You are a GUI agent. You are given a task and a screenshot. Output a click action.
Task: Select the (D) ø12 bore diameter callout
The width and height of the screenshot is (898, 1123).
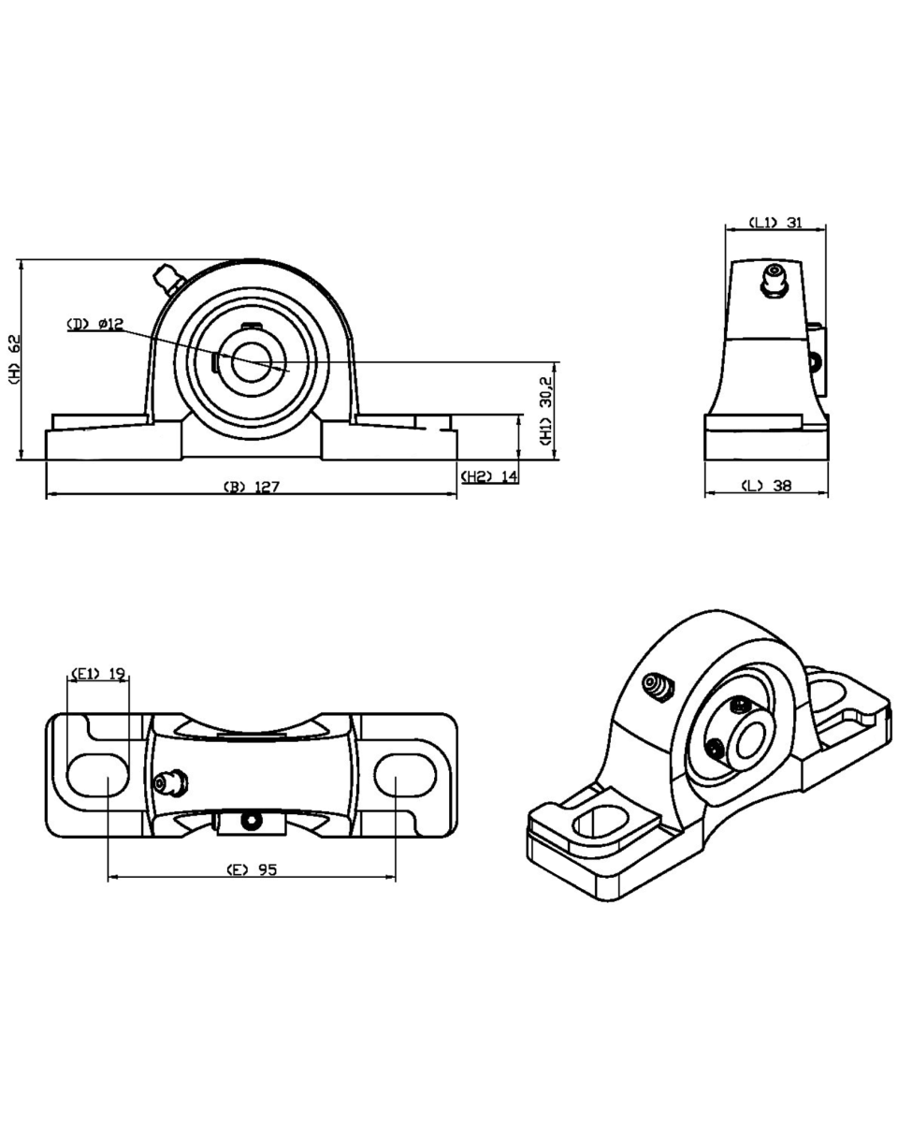[x=94, y=324]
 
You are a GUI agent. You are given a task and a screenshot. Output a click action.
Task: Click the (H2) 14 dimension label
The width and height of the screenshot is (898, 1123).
[x=489, y=476]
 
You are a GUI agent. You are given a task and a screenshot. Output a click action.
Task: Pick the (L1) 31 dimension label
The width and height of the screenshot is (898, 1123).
[x=775, y=223]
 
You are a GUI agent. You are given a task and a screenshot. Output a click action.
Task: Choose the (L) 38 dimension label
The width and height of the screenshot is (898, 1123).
[x=766, y=487]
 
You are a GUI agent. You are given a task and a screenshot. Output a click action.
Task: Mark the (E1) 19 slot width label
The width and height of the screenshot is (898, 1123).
[x=98, y=673]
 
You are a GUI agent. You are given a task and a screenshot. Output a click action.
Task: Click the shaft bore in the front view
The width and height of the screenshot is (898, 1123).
[x=250, y=362]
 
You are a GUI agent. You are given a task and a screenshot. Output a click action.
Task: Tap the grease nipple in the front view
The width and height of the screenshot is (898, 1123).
[x=169, y=278]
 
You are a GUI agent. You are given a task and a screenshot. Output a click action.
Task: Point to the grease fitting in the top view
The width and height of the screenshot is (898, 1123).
[x=170, y=780]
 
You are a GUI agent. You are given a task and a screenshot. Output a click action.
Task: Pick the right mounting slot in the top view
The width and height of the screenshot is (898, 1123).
[x=406, y=775]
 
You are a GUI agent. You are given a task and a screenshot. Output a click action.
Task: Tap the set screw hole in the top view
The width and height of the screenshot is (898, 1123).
[x=250, y=820]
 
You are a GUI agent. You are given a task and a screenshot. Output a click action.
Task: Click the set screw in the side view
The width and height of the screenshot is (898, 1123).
[x=817, y=359]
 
